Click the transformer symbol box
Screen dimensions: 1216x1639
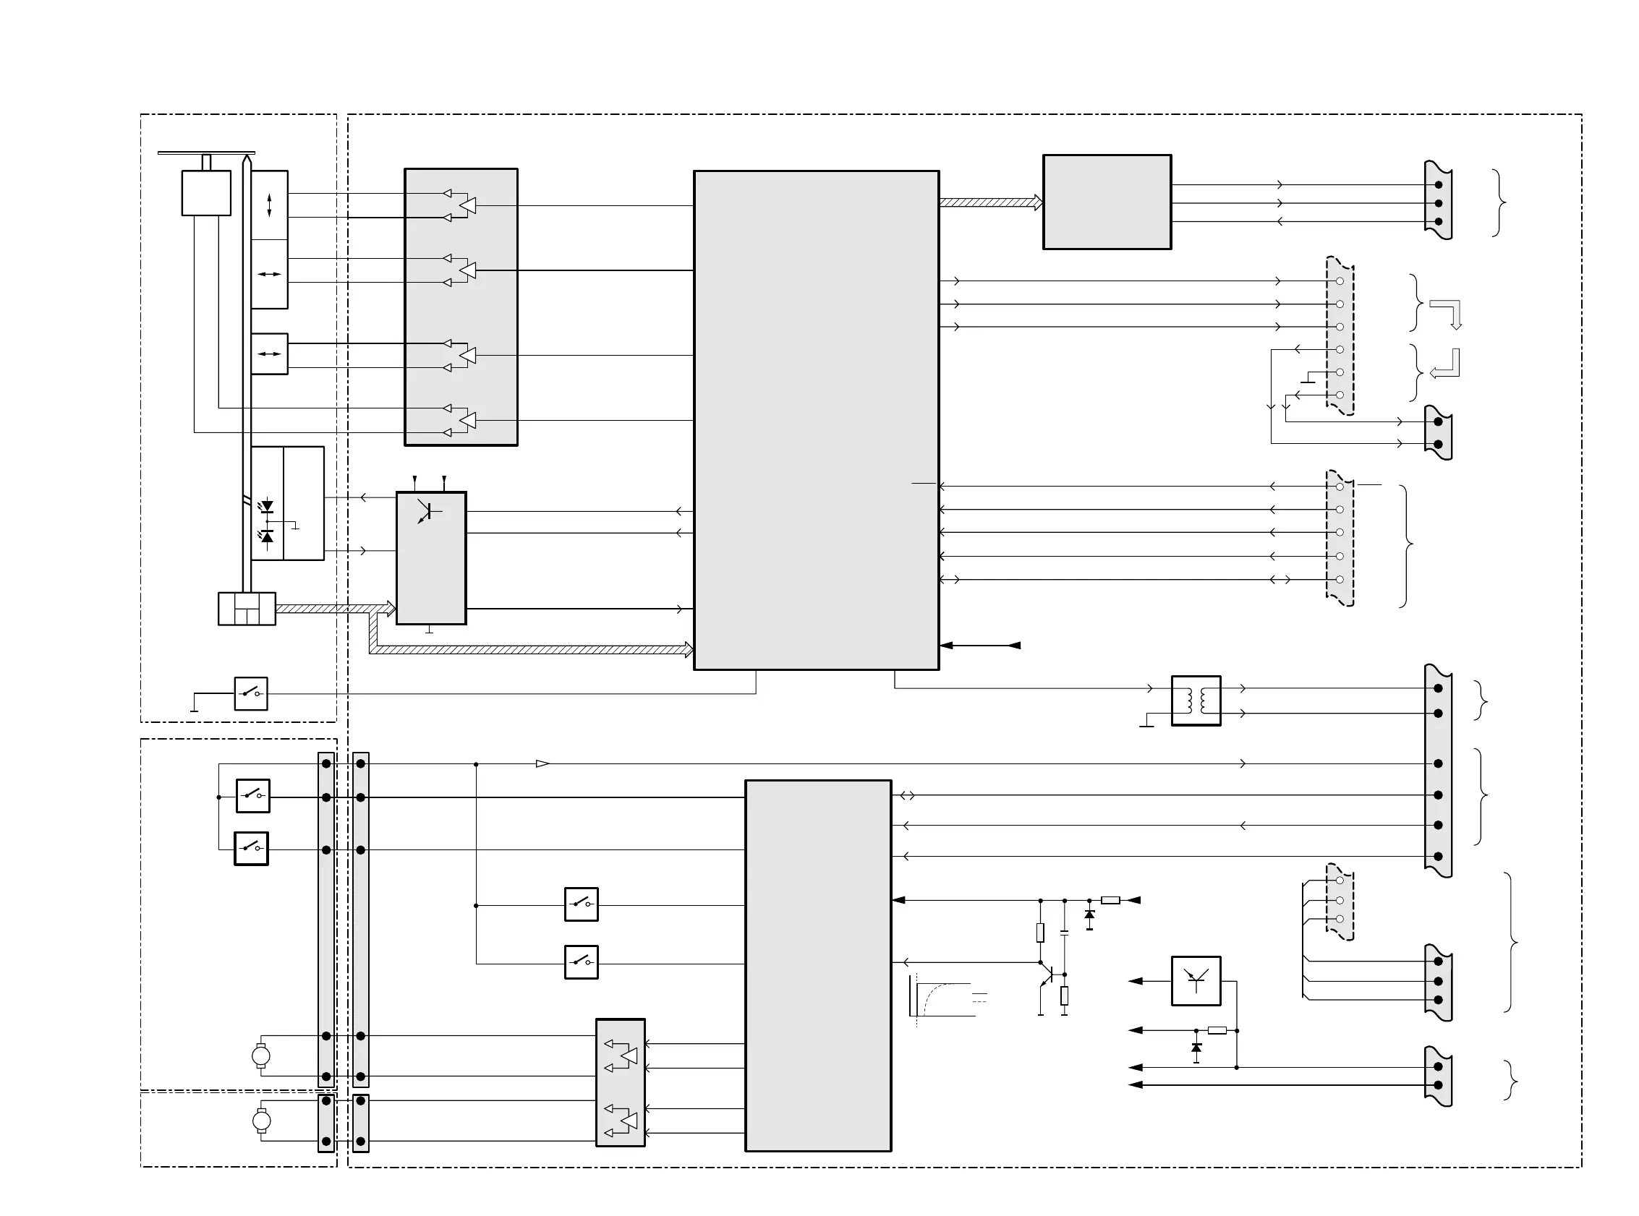pos(1196,701)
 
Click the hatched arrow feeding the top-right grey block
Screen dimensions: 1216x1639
pos(990,202)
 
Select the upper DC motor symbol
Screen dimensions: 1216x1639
pos(260,1056)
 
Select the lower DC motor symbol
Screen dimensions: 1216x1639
pos(260,1121)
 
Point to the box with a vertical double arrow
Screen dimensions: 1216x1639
pos(270,205)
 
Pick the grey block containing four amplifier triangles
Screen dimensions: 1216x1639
pos(461,307)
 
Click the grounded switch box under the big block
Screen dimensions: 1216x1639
pos(250,693)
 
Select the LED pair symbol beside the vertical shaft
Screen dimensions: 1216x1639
pos(268,522)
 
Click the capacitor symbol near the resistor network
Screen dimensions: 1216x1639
pos(1064,933)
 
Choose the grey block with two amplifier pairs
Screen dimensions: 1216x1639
pos(620,1082)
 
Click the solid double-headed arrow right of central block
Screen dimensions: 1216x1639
pos(980,646)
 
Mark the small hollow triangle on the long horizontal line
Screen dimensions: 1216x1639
pos(542,764)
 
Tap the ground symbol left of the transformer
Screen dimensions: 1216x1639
pos(1146,722)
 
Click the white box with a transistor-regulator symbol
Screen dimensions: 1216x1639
pos(1196,980)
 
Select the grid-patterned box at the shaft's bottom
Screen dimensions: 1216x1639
pos(247,609)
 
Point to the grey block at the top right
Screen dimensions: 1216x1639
pos(1107,202)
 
